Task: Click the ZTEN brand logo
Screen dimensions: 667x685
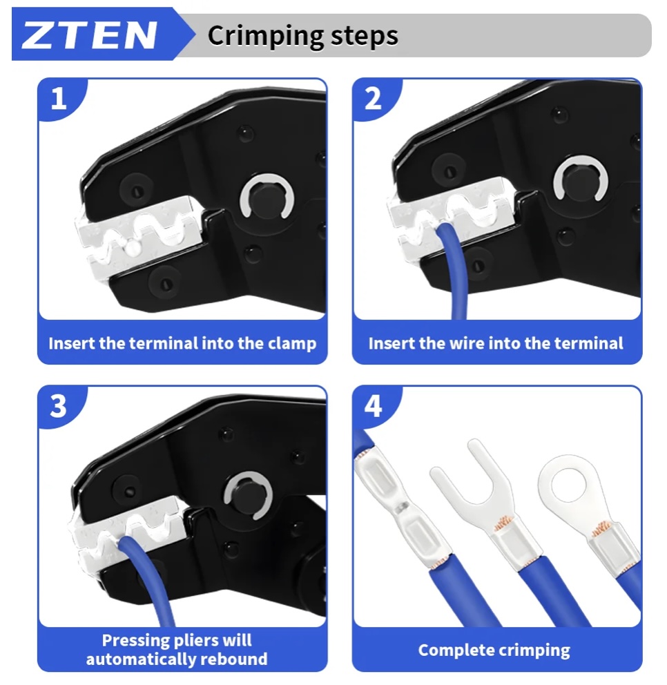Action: tap(89, 35)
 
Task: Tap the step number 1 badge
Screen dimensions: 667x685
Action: tap(59, 99)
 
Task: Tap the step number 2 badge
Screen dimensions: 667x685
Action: tap(373, 99)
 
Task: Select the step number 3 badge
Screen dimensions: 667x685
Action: tap(59, 406)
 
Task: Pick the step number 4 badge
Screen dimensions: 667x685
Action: tap(373, 406)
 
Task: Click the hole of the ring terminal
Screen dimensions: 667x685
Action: tap(567, 486)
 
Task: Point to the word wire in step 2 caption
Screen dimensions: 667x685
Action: tap(467, 343)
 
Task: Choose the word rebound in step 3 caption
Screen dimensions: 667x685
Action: tap(235, 659)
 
